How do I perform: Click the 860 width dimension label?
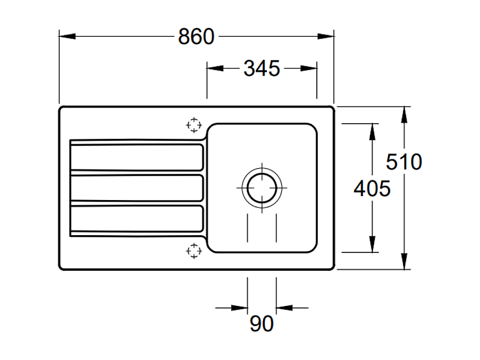click(196, 37)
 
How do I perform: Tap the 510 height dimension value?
click(404, 162)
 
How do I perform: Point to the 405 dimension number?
click(372, 189)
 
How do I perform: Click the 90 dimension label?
click(261, 324)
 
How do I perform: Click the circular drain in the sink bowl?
click(261, 187)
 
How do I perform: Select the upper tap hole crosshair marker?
click(193, 125)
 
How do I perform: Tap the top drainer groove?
click(136, 157)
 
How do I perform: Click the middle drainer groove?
click(136, 188)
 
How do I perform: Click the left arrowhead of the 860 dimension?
click(67, 37)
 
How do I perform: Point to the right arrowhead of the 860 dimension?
click(326, 37)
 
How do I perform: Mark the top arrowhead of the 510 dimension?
click(405, 114)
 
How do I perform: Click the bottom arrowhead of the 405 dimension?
click(372, 245)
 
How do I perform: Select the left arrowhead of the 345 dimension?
click(215, 69)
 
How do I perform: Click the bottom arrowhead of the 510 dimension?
click(405, 262)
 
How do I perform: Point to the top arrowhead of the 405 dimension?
click(372, 131)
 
